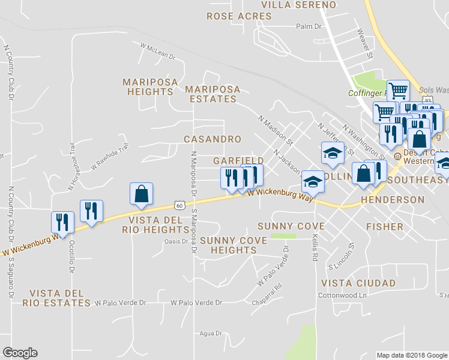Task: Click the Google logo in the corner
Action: (x=20, y=353)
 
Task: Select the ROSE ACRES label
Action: (x=240, y=16)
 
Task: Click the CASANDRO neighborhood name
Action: (x=212, y=139)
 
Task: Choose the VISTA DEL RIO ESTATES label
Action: (x=56, y=298)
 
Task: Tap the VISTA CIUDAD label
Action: (x=358, y=283)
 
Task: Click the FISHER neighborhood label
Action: (x=385, y=227)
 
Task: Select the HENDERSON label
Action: (x=393, y=199)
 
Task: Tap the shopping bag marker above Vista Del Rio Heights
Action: (x=142, y=194)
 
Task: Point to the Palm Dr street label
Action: (x=310, y=26)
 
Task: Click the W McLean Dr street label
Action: (x=157, y=50)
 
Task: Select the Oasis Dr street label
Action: (x=176, y=242)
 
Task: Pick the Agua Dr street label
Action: (x=210, y=333)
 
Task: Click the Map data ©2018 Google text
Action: (x=412, y=355)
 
